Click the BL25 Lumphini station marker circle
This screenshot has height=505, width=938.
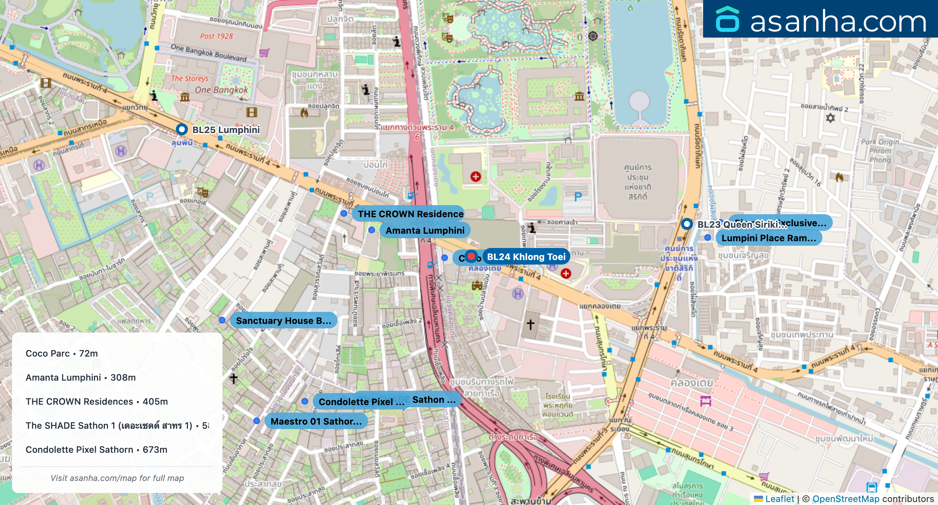pos(182,130)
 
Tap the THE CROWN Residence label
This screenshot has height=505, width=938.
pos(410,214)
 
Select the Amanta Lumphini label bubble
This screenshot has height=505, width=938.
pos(425,230)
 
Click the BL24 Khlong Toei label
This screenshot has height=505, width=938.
pos(526,257)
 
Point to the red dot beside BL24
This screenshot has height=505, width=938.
pos(471,256)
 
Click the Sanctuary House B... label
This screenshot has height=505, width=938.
pos(283,321)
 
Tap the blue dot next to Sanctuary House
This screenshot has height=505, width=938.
pos(222,320)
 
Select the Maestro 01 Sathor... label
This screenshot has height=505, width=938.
pos(316,421)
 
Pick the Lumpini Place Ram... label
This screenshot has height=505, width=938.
pos(769,238)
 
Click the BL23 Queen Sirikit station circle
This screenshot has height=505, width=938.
pos(687,224)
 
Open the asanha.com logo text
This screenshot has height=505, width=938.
pos(838,21)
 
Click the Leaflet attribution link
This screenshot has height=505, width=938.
pos(779,499)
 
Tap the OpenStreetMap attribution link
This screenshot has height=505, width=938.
pos(846,499)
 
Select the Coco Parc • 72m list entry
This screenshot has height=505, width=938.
pos(62,354)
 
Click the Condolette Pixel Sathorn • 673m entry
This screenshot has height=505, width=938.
pos(97,450)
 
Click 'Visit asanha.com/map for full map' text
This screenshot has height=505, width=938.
pos(117,478)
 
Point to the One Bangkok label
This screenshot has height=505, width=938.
pos(221,90)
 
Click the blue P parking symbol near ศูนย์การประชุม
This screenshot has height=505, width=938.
pos(578,196)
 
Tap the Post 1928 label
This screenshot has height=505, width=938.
pos(216,36)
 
